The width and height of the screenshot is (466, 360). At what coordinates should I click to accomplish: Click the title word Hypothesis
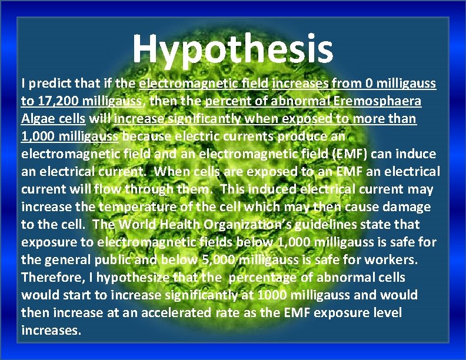[233, 48]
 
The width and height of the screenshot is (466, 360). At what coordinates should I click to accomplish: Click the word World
[133, 225]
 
